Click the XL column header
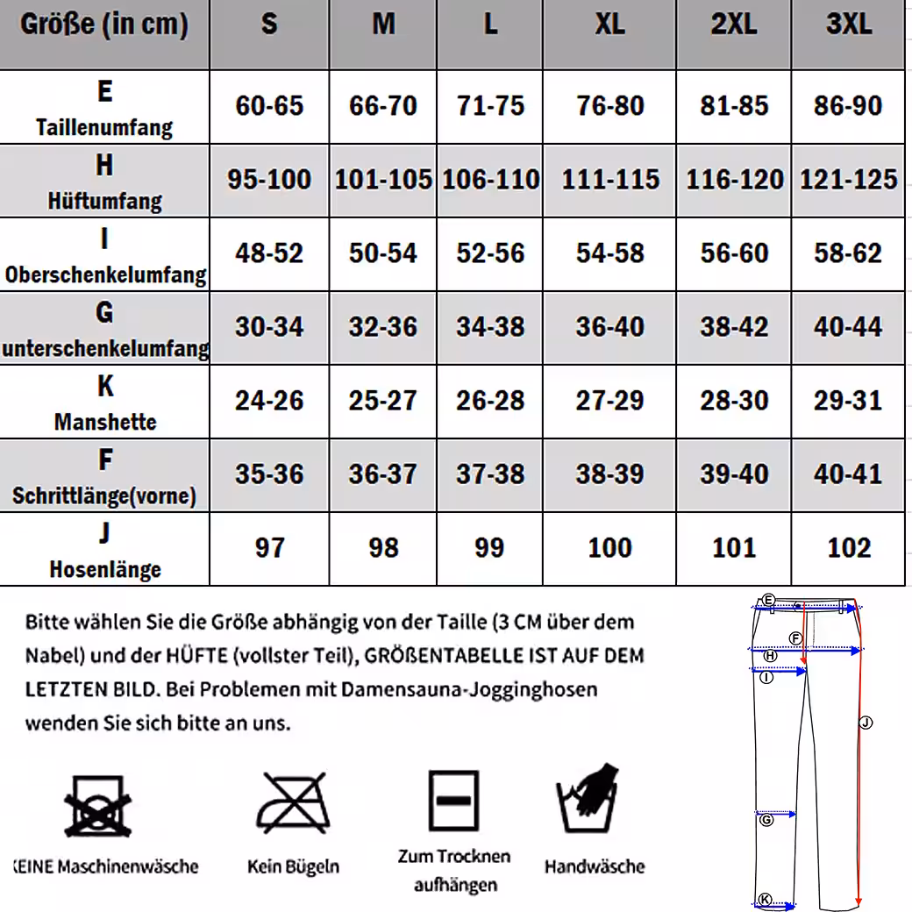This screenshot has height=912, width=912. [x=609, y=24]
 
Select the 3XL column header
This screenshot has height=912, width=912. [x=848, y=24]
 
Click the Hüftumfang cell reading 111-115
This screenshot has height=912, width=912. [x=609, y=180]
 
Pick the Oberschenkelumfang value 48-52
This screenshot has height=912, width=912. [x=269, y=253]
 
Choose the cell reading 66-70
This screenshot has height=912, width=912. [x=383, y=106]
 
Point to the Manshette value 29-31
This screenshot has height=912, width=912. [x=848, y=401]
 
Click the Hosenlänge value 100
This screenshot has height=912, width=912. [x=609, y=548]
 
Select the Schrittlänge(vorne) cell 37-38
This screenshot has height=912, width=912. [x=490, y=474]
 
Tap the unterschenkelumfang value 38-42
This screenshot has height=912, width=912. [x=734, y=327]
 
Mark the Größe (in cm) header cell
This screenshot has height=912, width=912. [x=104, y=24]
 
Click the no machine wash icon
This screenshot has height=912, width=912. [x=98, y=804]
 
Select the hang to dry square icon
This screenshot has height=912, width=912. [x=453, y=801]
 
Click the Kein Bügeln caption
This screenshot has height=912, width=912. [x=293, y=867]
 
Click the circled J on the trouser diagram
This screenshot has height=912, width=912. [x=866, y=723]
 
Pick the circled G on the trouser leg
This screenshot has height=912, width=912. [x=766, y=820]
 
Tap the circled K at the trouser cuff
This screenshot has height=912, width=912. [x=765, y=900]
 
